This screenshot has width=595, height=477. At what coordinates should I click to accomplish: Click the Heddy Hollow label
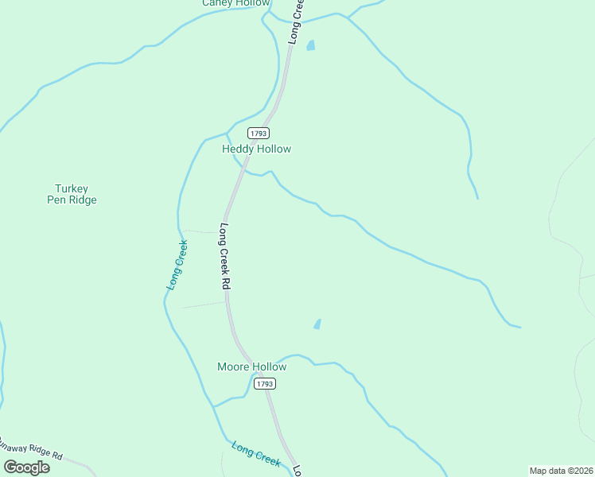point(256,149)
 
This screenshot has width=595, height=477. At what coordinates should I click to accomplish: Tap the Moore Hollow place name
point(251,366)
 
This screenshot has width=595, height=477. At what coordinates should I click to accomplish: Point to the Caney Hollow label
point(235,3)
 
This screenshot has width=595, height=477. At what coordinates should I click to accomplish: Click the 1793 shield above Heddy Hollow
point(258,133)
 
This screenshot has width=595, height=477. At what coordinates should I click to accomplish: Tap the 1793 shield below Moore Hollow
point(265,383)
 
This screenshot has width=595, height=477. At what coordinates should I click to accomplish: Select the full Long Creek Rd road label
point(225,256)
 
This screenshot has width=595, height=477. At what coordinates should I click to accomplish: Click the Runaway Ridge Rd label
point(32,448)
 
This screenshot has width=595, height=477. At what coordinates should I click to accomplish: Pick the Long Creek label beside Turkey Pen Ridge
point(177,264)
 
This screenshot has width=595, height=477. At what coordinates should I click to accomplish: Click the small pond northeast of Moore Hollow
point(317,324)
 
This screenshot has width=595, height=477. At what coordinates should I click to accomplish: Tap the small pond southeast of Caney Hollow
point(311,45)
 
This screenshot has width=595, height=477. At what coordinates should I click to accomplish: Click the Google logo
point(26,467)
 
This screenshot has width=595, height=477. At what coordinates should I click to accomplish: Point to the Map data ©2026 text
point(561,471)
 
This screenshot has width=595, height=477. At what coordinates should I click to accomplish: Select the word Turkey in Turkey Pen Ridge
point(72,189)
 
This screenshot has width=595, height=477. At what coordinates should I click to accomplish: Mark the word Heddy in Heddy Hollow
point(238,149)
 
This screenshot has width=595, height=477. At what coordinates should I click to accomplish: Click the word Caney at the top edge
point(217,3)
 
